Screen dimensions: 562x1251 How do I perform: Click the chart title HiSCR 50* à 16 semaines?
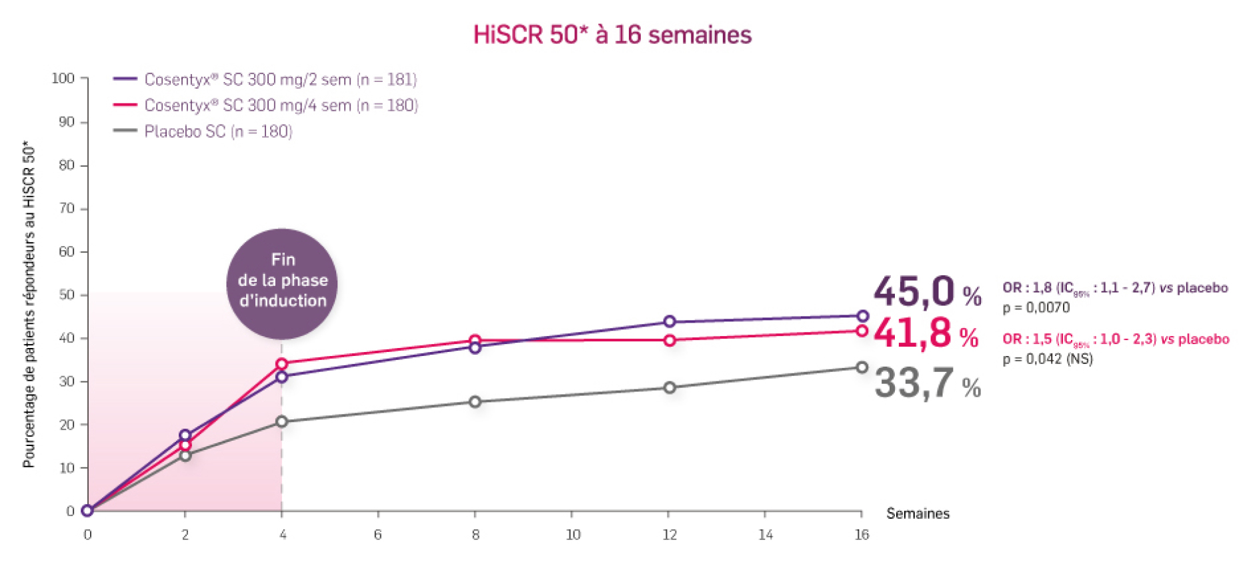click(x=612, y=35)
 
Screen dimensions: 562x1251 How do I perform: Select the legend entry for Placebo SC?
click(x=218, y=131)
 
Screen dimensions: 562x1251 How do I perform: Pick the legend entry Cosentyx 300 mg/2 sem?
click(x=280, y=80)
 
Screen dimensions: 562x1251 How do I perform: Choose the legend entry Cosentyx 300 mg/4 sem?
click(x=281, y=105)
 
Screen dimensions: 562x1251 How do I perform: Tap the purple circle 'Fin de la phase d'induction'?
click(x=283, y=283)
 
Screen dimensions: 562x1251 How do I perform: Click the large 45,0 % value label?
click(x=927, y=292)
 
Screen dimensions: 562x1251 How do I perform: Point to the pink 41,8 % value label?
click(x=926, y=333)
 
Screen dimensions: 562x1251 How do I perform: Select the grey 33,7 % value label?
click(x=927, y=383)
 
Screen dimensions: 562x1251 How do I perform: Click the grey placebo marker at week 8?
click(x=475, y=402)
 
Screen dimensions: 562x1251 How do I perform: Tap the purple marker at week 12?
click(x=670, y=322)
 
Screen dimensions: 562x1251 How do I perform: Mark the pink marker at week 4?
click(x=281, y=364)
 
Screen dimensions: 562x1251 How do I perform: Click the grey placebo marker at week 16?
click(x=862, y=367)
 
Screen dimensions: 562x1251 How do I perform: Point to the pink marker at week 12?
click(x=670, y=340)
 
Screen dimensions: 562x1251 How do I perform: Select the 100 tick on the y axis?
click(x=63, y=79)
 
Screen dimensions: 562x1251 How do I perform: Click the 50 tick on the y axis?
click(x=67, y=295)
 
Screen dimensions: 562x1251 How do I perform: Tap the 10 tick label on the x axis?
click(x=573, y=535)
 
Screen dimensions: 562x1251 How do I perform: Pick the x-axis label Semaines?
click(x=918, y=513)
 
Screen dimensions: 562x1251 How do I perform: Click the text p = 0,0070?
click(x=1036, y=308)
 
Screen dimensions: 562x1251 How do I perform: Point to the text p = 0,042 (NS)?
click(x=1048, y=359)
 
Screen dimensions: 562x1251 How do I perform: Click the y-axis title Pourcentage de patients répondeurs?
click(x=29, y=304)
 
